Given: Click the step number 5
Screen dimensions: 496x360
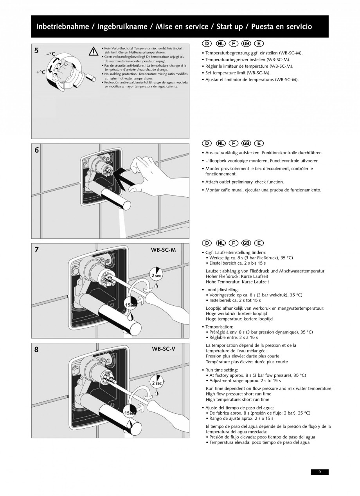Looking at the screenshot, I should tap(36, 50).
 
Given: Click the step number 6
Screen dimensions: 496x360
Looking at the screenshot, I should tap(36, 150).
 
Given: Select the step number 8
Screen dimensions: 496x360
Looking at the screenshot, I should tap(36, 350).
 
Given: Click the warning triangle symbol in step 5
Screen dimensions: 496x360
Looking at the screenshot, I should tap(93, 51).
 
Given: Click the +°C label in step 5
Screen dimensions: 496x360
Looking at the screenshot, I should tap(41, 72).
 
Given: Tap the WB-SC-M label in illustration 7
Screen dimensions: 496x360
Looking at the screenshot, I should tap(163, 250).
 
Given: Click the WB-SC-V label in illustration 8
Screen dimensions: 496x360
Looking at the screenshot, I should tap(163, 349).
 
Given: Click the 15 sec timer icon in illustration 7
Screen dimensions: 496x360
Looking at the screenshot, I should tap(130, 303).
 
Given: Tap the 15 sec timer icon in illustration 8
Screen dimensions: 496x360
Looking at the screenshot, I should tap(130, 412).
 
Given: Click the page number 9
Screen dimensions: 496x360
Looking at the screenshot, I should tap(320, 472).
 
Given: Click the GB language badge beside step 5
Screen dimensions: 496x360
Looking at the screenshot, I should tap(246, 43).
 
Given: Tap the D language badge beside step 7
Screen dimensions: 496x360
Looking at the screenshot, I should tap(207, 243).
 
